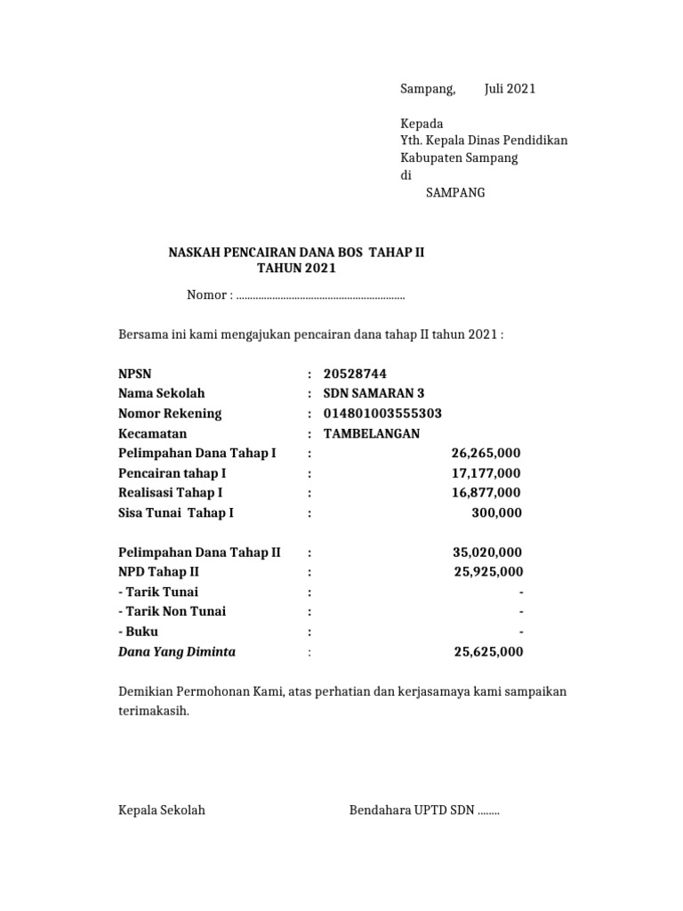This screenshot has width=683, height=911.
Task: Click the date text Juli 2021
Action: click(510, 89)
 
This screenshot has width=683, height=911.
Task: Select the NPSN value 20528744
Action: click(356, 374)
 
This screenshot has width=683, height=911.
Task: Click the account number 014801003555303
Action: click(382, 414)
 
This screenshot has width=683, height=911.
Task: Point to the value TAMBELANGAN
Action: click(372, 433)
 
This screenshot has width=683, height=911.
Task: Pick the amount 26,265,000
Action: click(486, 453)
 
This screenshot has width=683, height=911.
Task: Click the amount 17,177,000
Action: click(486, 473)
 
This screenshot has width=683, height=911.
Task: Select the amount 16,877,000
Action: click(486, 493)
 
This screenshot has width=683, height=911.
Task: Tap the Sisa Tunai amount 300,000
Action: click(496, 512)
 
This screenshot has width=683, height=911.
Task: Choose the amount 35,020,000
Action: click(487, 552)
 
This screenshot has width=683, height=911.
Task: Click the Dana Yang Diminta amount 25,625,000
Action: click(488, 652)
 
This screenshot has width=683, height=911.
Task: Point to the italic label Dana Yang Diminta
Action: click(177, 652)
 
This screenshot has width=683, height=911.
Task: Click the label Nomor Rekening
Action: click(170, 414)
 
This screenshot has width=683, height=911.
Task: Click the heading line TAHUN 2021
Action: click(297, 269)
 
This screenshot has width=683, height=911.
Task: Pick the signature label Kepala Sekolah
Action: click(162, 810)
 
